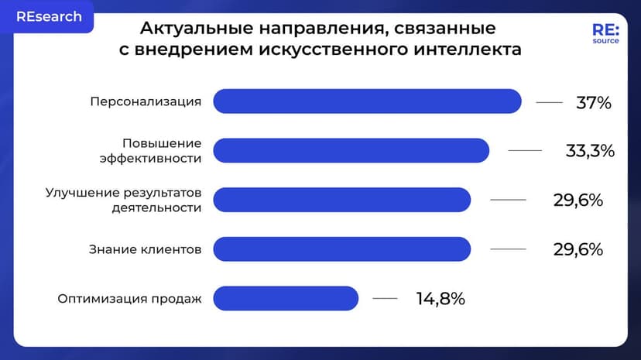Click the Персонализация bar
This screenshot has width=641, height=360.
coord(367,101)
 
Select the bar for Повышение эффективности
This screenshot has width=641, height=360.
coord(351,150)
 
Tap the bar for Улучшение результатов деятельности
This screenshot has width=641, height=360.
coord(341,200)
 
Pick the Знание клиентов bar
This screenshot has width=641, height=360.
coord(341,249)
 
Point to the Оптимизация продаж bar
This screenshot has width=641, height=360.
coord(286,298)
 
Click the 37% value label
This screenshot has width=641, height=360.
coord(594,102)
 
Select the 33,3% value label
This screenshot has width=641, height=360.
coord(590,151)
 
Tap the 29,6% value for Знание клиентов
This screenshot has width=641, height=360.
coord(578,249)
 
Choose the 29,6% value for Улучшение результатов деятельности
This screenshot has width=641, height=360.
coord(578,200)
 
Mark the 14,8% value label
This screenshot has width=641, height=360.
coord(440,298)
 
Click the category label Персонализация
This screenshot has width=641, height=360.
coord(146,101)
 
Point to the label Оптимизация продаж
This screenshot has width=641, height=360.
coord(129,298)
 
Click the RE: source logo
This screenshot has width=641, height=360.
coord(605,35)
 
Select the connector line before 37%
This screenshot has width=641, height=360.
coord(549,102)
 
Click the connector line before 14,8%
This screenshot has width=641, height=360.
coord(385,298)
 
